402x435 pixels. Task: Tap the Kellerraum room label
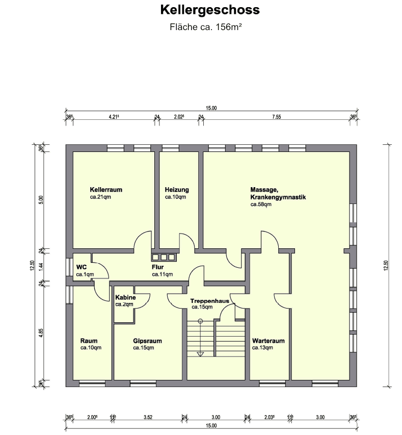tap(106, 190)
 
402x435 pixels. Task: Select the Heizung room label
tap(177, 190)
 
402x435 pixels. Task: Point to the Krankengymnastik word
tap(278, 197)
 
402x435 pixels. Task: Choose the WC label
tap(82, 267)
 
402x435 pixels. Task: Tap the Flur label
tap(157, 267)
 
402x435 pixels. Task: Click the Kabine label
tap(125, 297)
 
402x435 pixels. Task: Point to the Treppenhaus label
tap(210, 301)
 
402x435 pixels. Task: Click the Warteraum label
tap(268, 341)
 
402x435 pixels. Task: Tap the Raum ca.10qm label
tap(89, 341)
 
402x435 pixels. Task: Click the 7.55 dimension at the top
tap(276, 117)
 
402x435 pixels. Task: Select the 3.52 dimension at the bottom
tap(148, 417)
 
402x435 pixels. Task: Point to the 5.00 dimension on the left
tap(41, 199)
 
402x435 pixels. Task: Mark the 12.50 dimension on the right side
tap(386, 265)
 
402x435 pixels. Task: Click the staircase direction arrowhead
tap(200, 353)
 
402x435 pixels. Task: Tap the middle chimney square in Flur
tap(164, 257)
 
